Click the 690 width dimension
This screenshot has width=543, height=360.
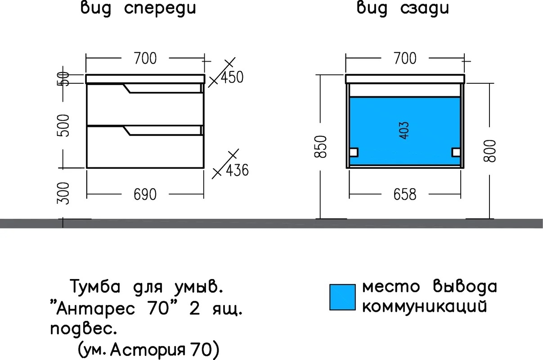click(145, 194)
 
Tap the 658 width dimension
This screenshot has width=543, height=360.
click(405, 194)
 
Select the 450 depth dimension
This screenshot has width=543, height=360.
click(232, 77)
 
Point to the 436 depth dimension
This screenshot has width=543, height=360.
click(238, 170)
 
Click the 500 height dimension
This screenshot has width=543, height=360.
click(63, 126)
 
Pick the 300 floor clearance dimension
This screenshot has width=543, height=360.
click(63, 193)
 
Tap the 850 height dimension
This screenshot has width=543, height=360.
click(320, 147)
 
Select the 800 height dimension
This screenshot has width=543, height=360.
click(489, 151)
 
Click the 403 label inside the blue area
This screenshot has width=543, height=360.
click(404, 130)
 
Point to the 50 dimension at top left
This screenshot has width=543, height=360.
click(63, 79)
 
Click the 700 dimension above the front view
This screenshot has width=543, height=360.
click(145, 58)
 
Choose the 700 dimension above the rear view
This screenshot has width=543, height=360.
click(405, 58)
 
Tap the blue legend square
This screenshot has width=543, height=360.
click(342, 297)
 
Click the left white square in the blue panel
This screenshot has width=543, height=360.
click(354, 153)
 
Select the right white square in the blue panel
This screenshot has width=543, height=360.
click(456, 153)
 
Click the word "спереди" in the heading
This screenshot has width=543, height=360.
click(160, 9)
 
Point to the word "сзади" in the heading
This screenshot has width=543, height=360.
click(425, 9)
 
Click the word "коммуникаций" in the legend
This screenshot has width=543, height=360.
click(425, 306)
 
